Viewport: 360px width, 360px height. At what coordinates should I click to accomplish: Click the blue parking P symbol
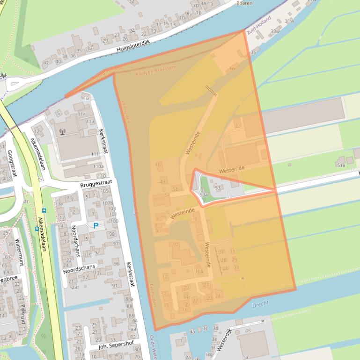click(96, 226)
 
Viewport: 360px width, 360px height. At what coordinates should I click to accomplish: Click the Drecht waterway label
click(260, 304)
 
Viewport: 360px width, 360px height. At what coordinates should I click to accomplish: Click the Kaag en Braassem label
click(155, 71)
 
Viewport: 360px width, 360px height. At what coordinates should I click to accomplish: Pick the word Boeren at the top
click(244, 3)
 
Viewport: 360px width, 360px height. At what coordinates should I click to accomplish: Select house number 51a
click(340, 165)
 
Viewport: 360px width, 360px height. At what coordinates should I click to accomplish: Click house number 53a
click(204, 194)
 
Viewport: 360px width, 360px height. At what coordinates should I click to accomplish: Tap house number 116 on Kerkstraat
click(85, 98)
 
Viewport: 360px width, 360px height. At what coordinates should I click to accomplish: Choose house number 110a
click(98, 166)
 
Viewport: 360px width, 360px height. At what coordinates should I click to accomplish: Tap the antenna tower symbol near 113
click(62, 130)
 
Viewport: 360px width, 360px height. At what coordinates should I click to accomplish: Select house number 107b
click(108, 203)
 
